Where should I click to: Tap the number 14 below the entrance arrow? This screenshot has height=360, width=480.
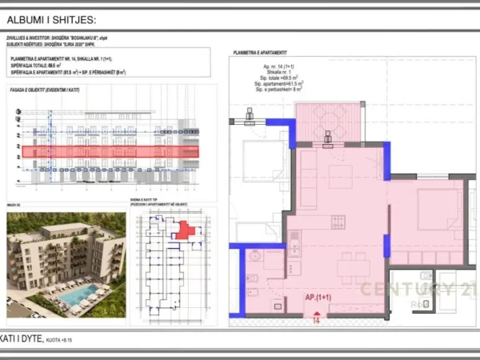316,320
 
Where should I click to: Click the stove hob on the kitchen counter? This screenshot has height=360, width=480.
338,222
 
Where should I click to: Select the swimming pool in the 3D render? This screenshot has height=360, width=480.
78,298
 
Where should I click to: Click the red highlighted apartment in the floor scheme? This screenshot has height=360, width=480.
185,230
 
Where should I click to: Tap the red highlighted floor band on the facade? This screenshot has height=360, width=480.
110,151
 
